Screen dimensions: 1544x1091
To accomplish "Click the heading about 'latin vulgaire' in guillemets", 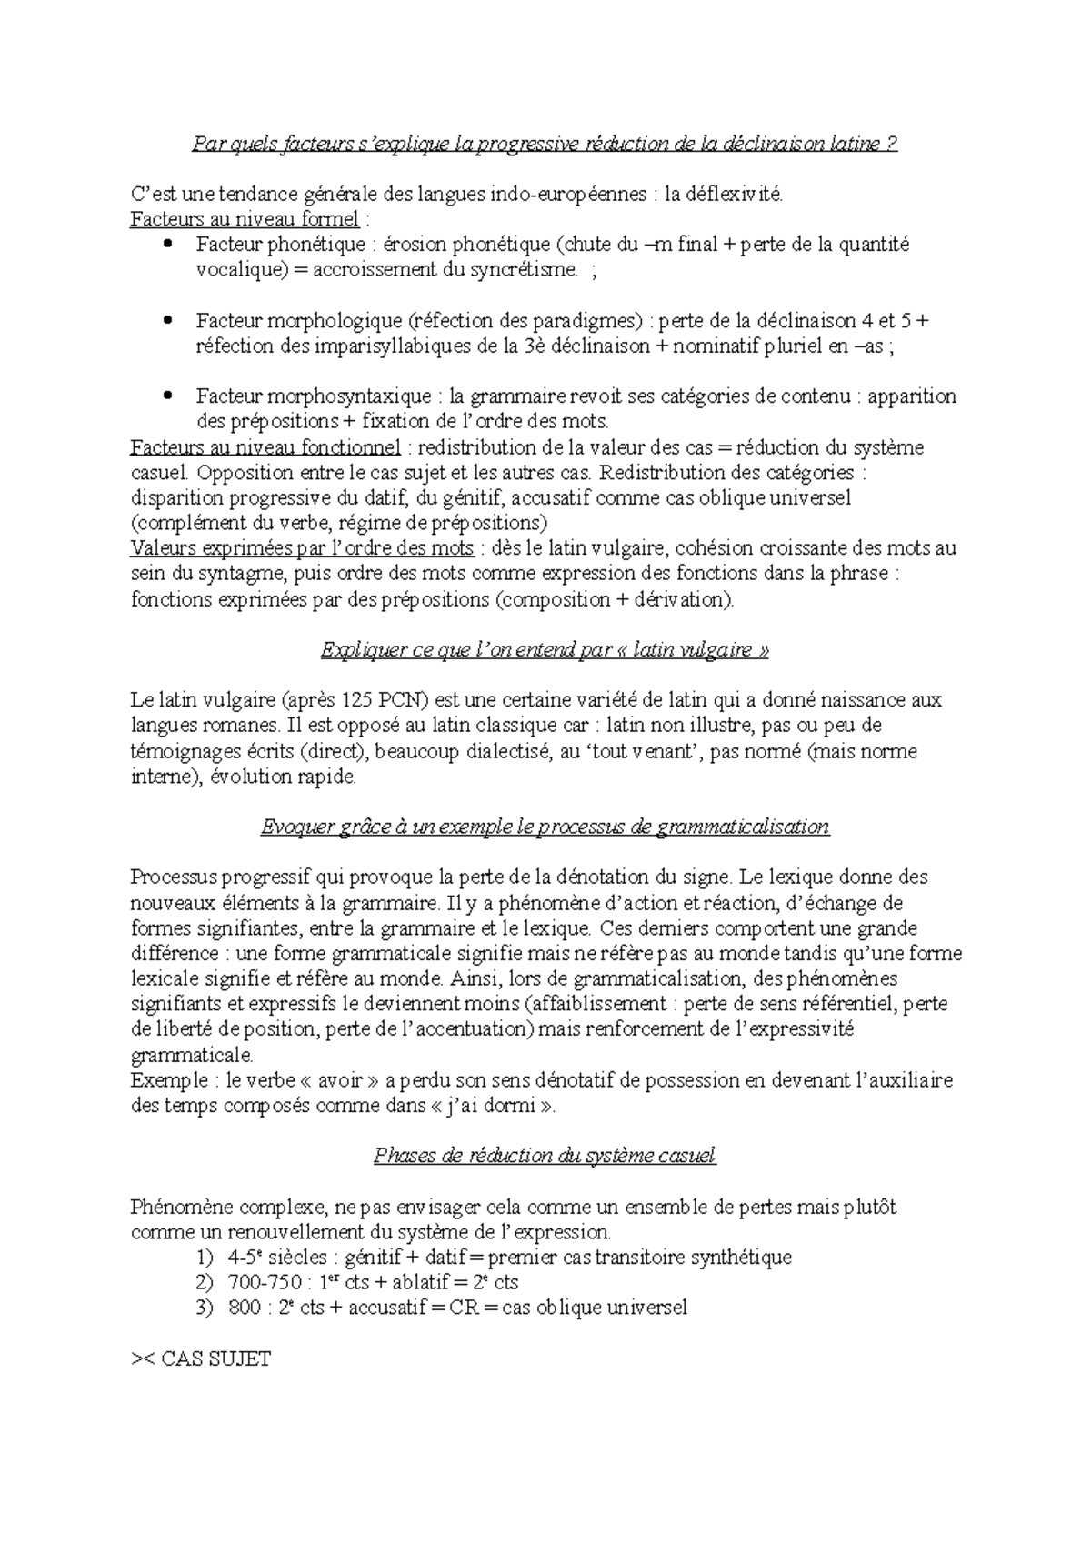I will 545,650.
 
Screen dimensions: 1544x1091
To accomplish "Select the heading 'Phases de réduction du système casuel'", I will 545,1156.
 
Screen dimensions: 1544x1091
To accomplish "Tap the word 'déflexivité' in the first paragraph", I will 735,194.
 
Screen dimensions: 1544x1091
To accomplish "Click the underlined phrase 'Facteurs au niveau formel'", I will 245,219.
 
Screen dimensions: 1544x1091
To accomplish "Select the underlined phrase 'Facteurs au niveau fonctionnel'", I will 265,447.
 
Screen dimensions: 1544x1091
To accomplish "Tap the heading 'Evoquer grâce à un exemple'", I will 545,827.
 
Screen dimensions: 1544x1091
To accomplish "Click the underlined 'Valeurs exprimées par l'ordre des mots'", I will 302,548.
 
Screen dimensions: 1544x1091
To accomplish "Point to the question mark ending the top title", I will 892,144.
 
